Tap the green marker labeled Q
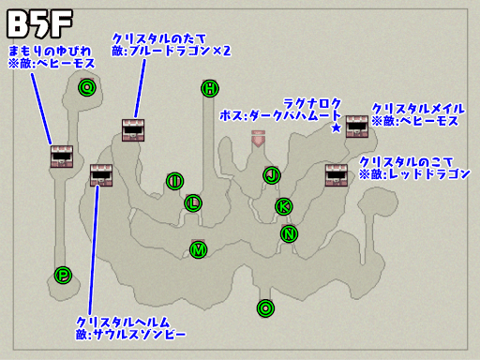pos(87,88)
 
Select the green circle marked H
pos(209,88)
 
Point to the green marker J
pos(272,174)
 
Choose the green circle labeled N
pos(289,234)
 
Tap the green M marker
pos(198,249)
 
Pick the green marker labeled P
pos(63,275)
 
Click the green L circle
pos(193,202)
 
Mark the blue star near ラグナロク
pos(336,127)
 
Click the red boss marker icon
pos(258,139)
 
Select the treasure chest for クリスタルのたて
pos(132,130)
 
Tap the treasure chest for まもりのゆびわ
pos(62,157)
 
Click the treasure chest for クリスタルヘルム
pos(101,175)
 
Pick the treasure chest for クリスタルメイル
pos(356,127)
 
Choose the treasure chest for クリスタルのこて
pos(336,175)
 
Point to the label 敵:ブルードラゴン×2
pos(172,49)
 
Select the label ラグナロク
pos(311,102)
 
